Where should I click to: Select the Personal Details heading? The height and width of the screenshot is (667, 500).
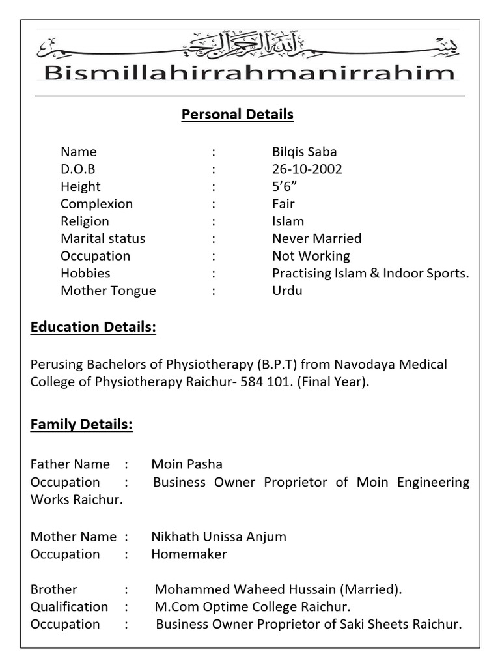pos(237,115)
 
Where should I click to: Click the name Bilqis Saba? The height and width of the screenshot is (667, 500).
pos(304,152)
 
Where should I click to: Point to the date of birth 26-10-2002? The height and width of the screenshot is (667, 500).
pos(307,169)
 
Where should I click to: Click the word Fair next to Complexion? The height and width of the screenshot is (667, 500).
pos(284,204)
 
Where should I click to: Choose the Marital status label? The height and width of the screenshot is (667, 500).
pos(103,238)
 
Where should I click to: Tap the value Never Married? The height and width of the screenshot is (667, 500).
pos(316,238)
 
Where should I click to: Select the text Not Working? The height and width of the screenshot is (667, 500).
pos(311,256)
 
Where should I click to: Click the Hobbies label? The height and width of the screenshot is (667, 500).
pos(85,274)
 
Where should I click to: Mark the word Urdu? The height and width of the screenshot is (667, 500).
pos(287,291)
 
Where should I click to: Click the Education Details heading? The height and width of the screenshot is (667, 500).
pos(93,327)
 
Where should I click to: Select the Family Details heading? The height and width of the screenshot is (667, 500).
pos(81,425)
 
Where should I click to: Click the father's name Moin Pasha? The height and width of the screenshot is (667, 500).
pos(187,464)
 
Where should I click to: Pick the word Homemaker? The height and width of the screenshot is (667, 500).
pos(189,554)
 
